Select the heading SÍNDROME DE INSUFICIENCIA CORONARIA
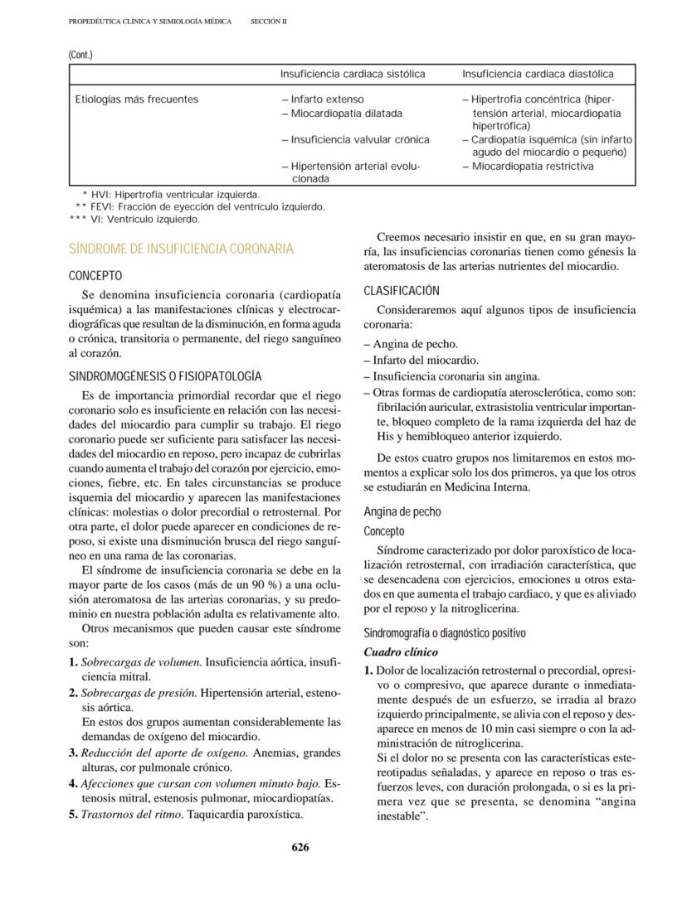pos(180,249)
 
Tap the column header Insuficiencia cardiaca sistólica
pos(353,75)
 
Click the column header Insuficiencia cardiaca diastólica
pos(538,75)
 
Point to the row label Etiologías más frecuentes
pos(137,99)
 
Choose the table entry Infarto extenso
pos(327,99)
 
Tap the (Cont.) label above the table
pos(80,56)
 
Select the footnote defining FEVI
pos(199,207)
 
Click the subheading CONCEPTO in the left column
pos(95,275)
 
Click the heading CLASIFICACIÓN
pos(402,291)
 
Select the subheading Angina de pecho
pos(402,511)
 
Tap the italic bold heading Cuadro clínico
pos(402,652)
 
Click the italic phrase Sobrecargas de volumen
pos(140,662)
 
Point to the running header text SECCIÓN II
pos(268,22)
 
